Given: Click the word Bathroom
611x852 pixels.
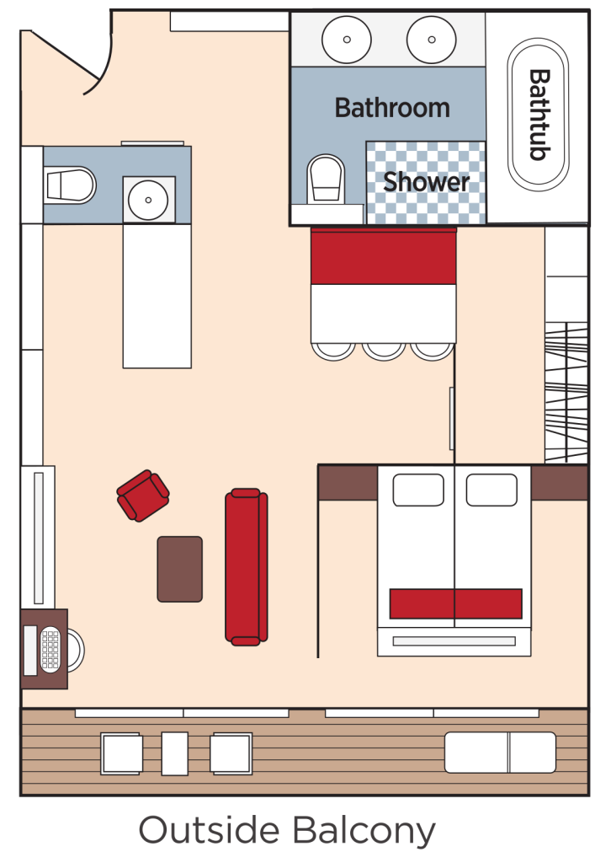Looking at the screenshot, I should point(392,108).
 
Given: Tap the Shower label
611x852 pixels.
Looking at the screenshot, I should point(427,181).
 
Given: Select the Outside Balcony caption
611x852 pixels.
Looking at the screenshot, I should point(287,829).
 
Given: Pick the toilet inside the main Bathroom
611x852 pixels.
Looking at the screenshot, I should point(327,179).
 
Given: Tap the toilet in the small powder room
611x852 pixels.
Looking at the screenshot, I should point(70,185).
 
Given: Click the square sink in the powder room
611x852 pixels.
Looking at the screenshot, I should point(149,200).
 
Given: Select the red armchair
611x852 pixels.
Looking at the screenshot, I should point(143,496).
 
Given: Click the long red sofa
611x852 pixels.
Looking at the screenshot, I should point(246,567).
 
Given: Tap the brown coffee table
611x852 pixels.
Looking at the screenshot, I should point(180,569).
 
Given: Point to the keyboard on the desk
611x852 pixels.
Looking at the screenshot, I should point(50,650).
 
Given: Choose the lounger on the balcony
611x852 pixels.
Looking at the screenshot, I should point(500,753).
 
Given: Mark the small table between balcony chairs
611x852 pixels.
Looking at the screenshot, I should point(175,753).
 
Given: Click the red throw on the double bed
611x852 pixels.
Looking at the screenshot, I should point(455,603).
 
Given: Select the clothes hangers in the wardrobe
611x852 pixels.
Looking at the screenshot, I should point(566,392).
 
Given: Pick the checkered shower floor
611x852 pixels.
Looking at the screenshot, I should point(427,202).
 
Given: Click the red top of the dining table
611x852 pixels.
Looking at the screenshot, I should point(383,256).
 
